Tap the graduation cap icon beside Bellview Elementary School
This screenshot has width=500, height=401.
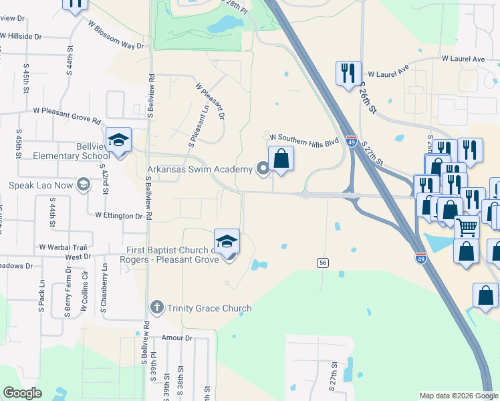point(118,140)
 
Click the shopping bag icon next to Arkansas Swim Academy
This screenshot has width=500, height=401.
point(281,159)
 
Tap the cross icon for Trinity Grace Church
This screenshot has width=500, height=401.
point(157,307)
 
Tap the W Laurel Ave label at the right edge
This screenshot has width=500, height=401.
point(463,59)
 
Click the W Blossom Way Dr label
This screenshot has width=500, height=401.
point(116,35)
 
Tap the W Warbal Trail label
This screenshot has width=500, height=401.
point(63,247)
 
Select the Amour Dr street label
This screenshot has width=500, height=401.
point(177,338)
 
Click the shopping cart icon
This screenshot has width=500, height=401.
point(467,227)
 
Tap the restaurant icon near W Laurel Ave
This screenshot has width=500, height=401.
point(348,73)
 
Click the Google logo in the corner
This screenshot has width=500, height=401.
point(22,393)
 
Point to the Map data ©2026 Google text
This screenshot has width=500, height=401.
point(458,396)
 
